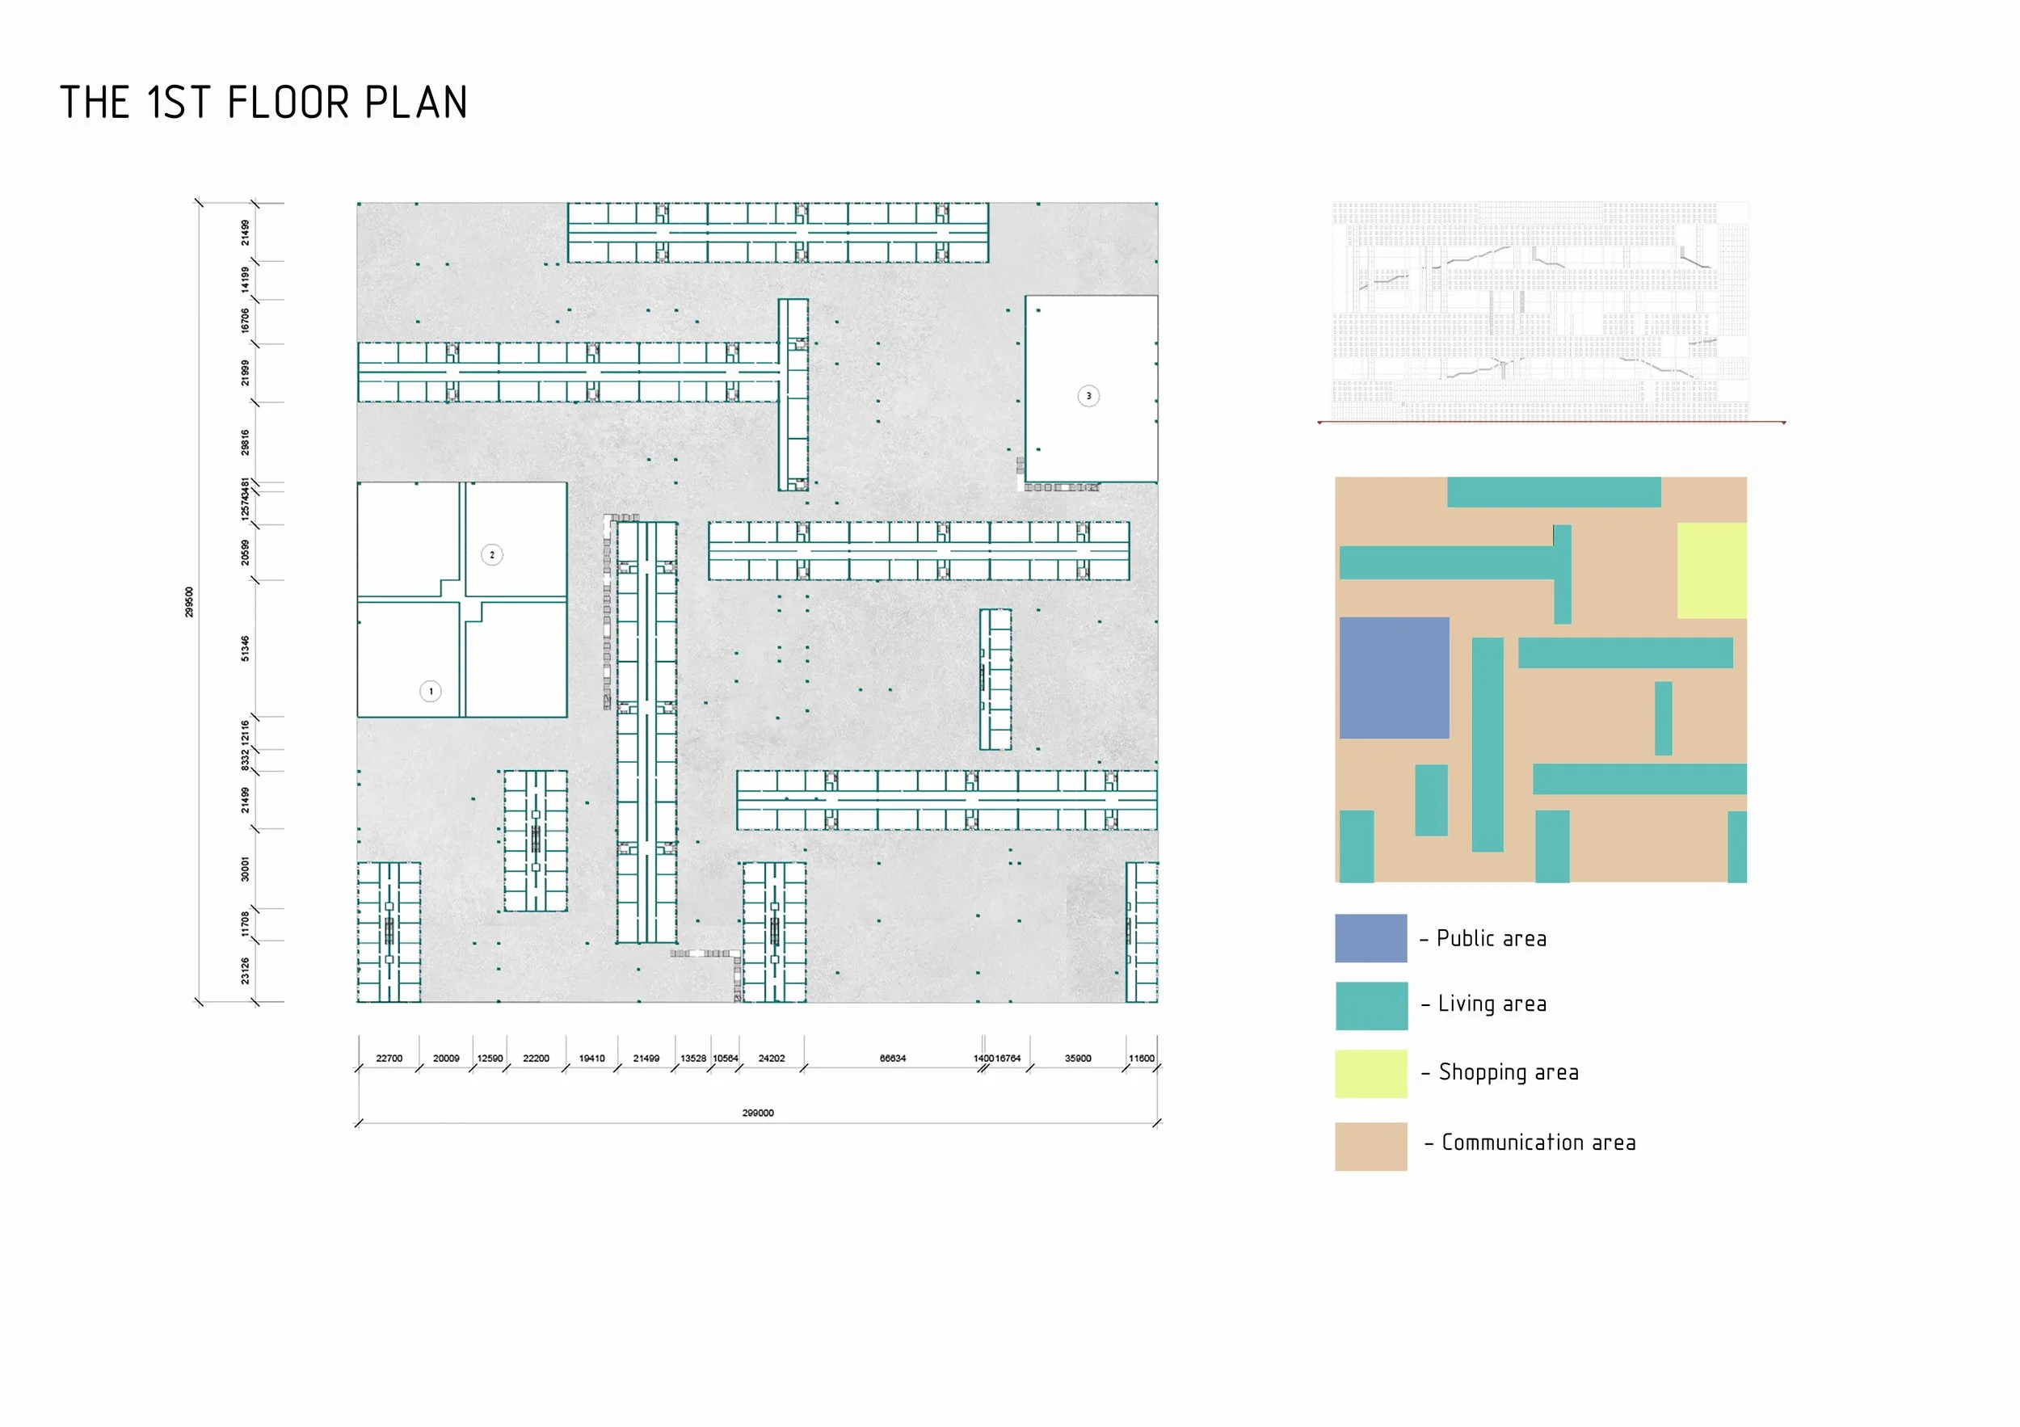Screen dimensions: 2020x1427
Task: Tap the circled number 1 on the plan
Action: (430, 692)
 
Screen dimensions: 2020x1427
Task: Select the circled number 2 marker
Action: (492, 555)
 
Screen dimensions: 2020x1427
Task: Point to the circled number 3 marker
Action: (1088, 396)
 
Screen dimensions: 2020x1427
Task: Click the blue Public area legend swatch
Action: (1370, 938)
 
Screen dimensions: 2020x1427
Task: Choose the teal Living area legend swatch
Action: (1370, 1005)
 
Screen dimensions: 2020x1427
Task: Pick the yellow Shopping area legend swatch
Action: (1370, 1073)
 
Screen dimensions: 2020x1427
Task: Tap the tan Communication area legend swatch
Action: (1370, 1146)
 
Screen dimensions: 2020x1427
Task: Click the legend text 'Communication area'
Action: (1538, 1143)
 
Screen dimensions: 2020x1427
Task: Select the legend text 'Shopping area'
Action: (1508, 1072)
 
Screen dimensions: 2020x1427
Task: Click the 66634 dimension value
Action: (892, 1059)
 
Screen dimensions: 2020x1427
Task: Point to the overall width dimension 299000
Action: (758, 1113)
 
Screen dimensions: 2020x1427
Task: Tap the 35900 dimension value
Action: (1078, 1059)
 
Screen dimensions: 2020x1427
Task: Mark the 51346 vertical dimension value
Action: (246, 648)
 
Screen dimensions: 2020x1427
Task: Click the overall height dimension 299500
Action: (189, 602)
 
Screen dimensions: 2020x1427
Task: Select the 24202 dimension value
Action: (772, 1059)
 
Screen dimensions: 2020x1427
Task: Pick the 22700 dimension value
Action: (389, 1059)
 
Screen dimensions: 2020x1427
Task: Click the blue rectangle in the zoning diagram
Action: (1394, 677)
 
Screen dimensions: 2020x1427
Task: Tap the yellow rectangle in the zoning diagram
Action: (1711, 571)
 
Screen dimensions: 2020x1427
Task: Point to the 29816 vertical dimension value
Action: (246, 443)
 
